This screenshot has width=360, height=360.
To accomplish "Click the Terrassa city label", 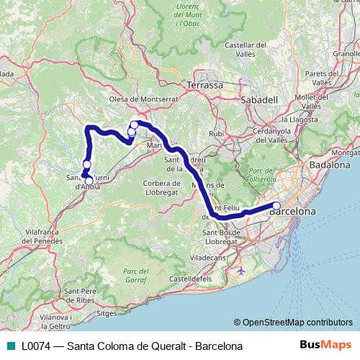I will pos(204,85).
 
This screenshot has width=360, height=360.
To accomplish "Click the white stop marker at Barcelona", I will pos(276,207).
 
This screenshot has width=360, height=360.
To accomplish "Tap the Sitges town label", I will pos(106,314).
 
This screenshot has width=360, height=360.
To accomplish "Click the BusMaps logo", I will pos(324,346).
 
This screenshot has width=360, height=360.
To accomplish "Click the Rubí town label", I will pos(216,134).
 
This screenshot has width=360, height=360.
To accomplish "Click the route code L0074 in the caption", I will pos(37,346).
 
